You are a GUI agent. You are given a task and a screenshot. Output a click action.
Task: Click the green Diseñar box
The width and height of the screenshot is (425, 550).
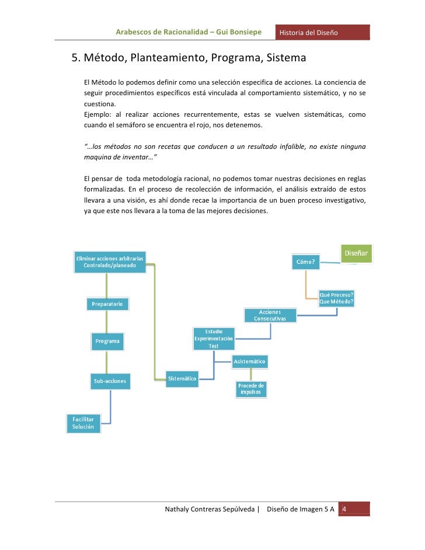click(x=356, y=253)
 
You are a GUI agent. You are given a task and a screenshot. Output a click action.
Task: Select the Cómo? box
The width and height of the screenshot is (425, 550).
click(x=306, y=262)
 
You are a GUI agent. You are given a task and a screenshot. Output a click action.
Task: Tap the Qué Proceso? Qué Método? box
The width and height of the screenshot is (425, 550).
click(x=336, y=298)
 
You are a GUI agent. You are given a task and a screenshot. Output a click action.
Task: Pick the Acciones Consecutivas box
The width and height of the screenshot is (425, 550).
click(x=270, y=316)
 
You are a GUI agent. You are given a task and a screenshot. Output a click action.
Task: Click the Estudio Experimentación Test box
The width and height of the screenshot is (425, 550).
click(x=214, y=339)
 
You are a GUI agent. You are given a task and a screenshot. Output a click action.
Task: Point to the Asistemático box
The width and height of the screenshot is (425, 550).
click(x=250, y=361)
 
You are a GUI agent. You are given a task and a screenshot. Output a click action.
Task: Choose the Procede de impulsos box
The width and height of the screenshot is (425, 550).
click(x=252, y=389)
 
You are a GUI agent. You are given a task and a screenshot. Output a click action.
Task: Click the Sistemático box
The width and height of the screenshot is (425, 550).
click(x=182, y=378)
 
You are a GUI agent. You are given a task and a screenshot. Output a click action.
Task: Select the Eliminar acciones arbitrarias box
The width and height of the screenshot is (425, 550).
click(x=110, y=262)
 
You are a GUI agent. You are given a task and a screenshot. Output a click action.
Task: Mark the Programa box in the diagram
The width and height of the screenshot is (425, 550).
click(x=107, y=341)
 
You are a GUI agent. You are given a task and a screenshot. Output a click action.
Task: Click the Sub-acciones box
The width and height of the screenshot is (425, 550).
click(x=110, y=382)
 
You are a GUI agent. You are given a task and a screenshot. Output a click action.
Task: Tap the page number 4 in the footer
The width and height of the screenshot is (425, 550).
click(x=344, y=510)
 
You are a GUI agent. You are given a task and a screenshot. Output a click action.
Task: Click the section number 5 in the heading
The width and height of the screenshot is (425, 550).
click(x=74, y=59)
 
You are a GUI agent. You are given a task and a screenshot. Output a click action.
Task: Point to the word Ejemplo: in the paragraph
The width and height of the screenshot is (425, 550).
click(x=97, y=114)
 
